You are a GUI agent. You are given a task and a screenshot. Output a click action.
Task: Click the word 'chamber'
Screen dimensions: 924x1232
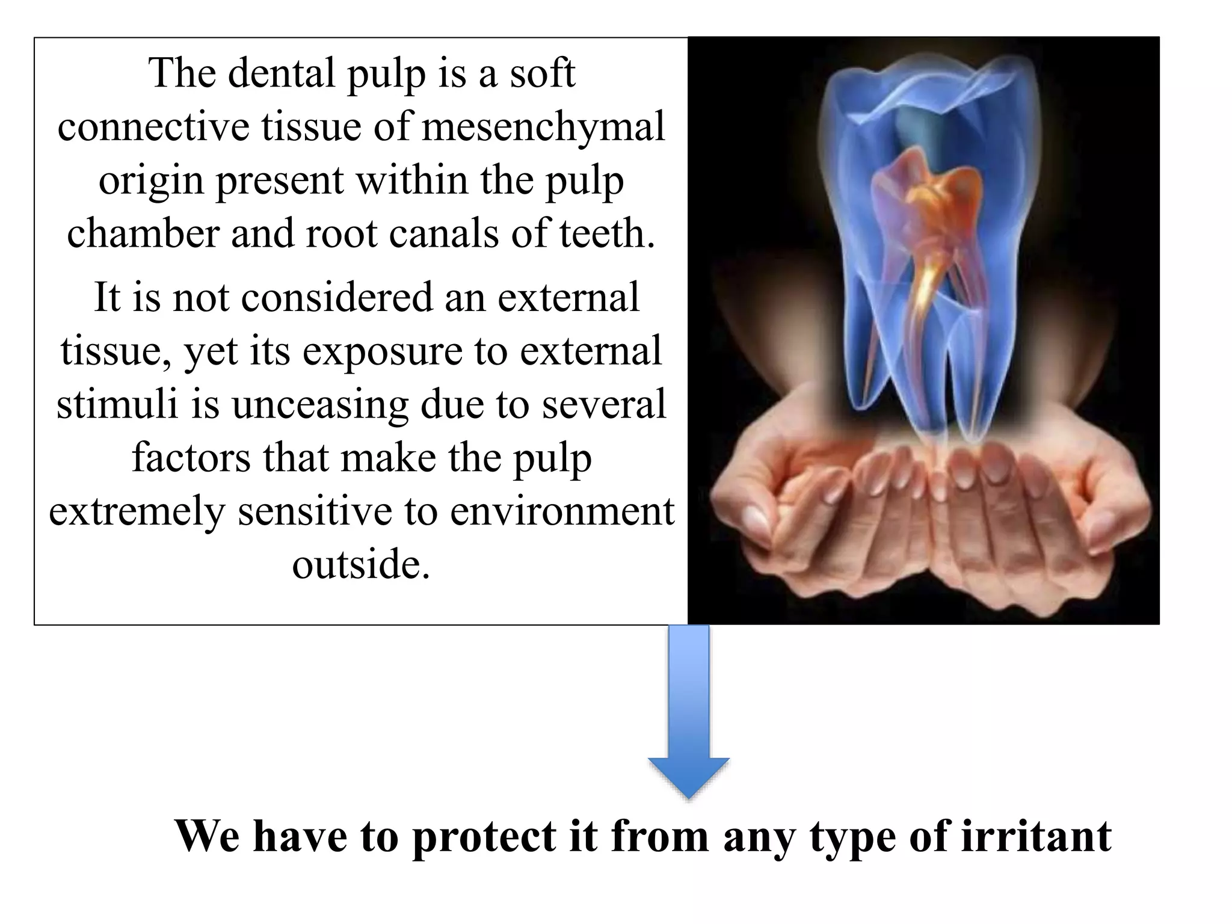click(x=143, y=234)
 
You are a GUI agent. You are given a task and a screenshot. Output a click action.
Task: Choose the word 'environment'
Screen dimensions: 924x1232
click(x=562, y=511)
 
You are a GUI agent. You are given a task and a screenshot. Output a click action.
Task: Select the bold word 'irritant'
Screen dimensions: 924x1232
click(x=1035, y=836)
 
